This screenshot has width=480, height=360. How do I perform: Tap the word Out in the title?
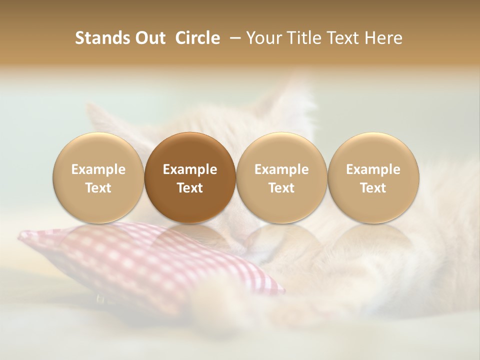148,38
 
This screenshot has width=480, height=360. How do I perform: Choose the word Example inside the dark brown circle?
190,169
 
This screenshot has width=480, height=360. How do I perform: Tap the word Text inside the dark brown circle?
190,187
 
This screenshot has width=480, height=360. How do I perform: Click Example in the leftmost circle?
98,169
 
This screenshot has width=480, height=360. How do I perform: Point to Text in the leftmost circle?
98,187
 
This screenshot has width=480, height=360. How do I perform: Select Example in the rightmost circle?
373,169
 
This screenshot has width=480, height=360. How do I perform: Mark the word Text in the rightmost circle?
373,187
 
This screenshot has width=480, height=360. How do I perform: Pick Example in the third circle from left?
281,169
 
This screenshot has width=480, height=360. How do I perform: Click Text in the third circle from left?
281,187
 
